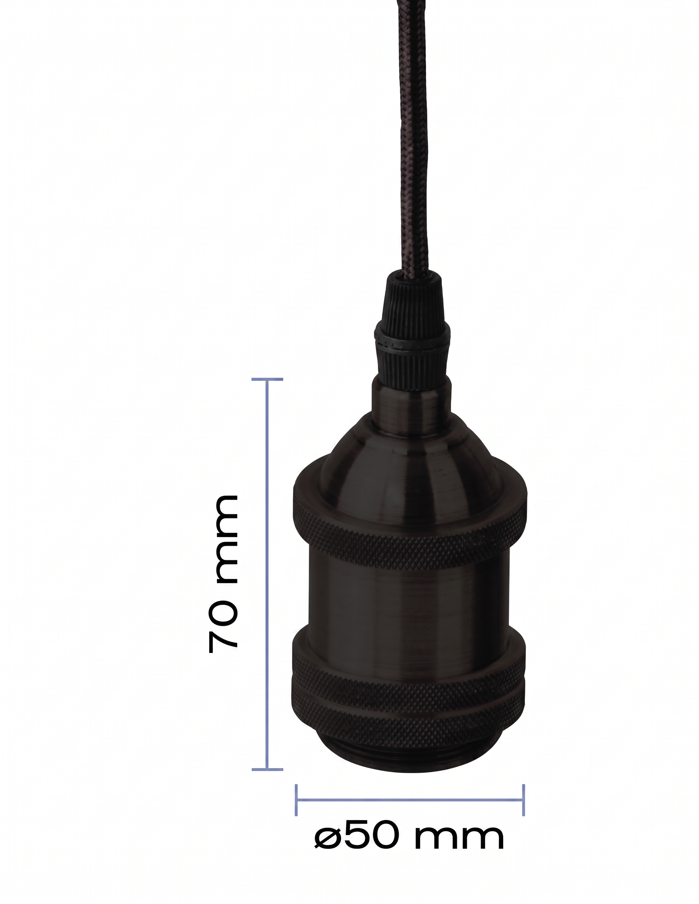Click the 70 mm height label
[223, 574]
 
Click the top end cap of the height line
[267, 379]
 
